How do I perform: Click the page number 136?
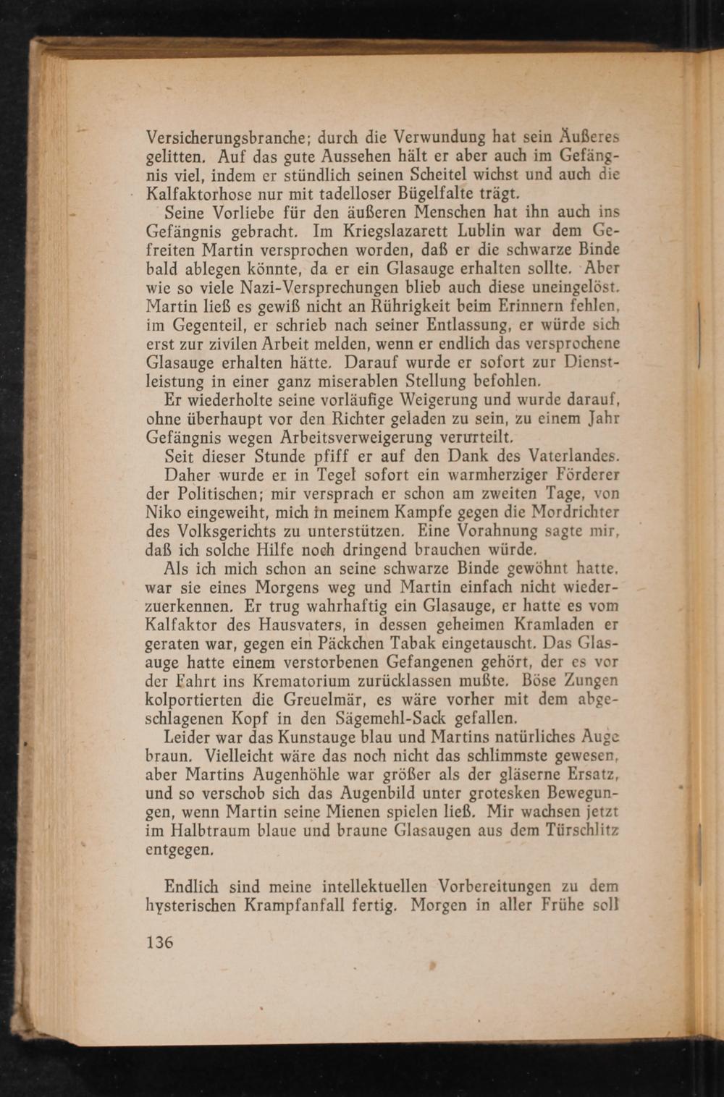tap(160, 942)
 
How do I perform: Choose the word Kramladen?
tap(550, 624)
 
